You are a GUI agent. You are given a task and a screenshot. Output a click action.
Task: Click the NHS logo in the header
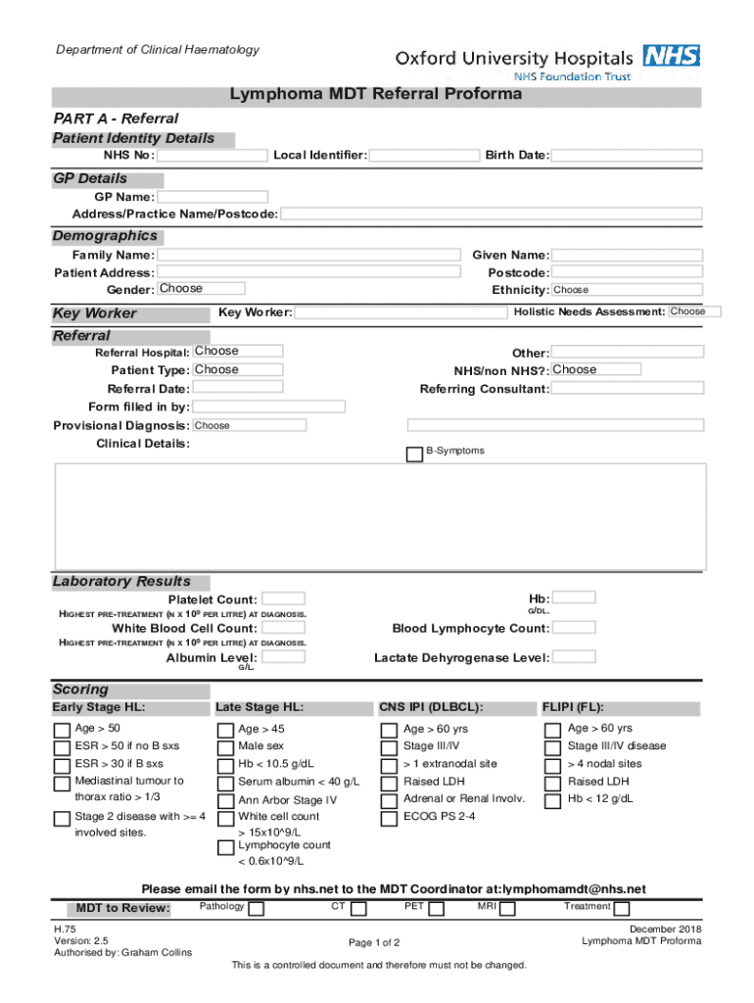point(671,56)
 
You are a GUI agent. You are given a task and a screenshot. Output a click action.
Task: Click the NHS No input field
point(212,156)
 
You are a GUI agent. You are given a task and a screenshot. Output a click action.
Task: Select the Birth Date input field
point(627,156)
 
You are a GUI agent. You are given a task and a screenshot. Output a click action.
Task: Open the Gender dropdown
point(200,289)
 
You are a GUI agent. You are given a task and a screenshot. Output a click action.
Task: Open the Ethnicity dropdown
point(627,290)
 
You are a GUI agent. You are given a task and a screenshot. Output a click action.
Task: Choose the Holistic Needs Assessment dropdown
point(694,311)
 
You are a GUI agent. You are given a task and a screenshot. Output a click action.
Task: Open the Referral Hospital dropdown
point(237,351)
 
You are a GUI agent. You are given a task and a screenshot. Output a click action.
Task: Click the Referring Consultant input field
point(627,389)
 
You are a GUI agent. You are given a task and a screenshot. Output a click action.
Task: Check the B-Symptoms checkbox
point(414,454)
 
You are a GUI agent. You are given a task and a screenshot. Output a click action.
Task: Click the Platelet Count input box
point(284,598)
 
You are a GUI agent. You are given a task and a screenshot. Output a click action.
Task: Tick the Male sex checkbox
point(225,747)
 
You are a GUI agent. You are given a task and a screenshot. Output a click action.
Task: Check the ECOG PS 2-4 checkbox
point(389,817)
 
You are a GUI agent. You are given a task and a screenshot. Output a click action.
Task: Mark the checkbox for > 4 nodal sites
point(552,765)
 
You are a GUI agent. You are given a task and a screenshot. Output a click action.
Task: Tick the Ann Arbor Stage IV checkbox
point(225,800)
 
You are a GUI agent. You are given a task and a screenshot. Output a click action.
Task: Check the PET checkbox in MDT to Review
point(437,909)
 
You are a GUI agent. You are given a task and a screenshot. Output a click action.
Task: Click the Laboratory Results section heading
point(121,582)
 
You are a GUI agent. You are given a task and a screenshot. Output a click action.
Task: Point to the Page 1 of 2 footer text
point(374,942)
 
